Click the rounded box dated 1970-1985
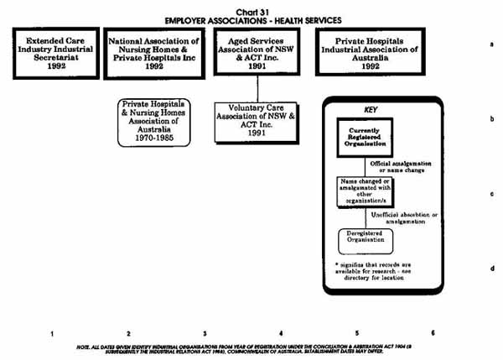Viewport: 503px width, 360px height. tap(154, 125)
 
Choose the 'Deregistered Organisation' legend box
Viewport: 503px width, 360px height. tap(366, 239)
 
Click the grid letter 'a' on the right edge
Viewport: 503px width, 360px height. tap(492, 44)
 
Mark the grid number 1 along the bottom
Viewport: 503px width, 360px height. tap(52, 333)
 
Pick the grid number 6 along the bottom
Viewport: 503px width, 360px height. tap(433, 333)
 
